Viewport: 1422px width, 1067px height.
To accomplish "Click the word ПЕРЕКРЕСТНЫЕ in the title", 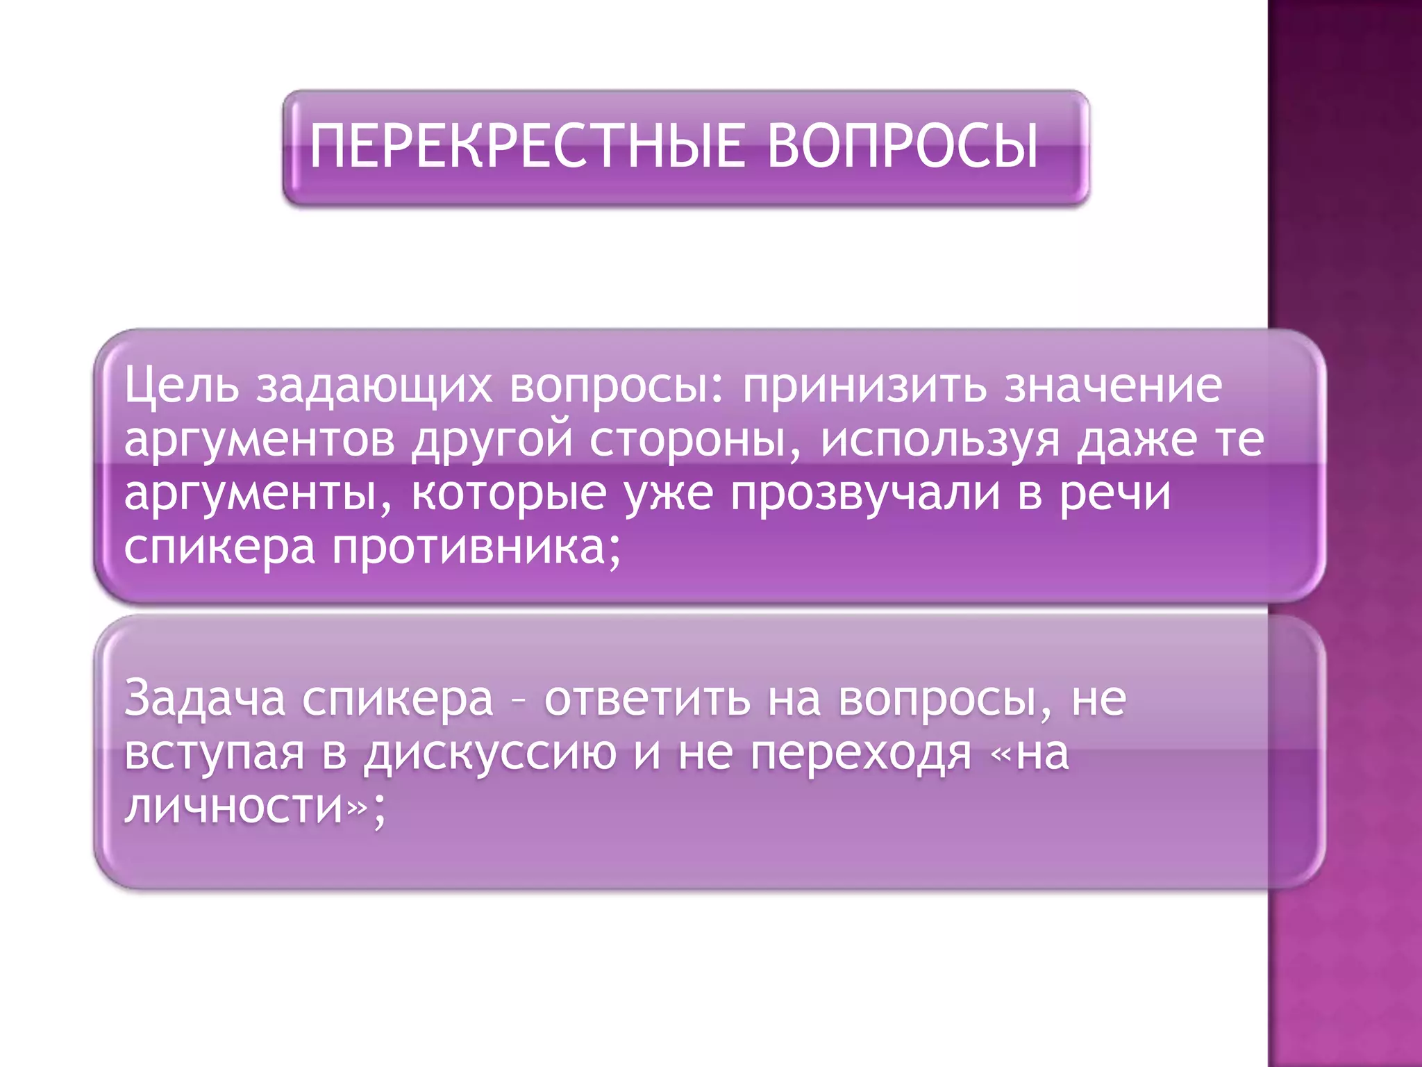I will point(527,146).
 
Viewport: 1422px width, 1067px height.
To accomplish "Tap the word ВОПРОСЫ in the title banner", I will point(903,146).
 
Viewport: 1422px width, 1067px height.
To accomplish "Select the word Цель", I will point(181,386).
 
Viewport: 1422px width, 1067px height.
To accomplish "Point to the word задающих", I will point(375,388).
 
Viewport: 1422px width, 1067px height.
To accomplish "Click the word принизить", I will point(864,386).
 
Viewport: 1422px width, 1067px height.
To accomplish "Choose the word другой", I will point(492,442).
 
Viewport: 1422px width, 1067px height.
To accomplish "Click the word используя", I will point(940,442).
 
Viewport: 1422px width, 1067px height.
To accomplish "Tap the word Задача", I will point(205,699).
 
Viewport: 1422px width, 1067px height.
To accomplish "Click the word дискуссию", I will point(490,754).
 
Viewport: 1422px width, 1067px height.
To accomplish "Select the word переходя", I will point(860,754).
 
